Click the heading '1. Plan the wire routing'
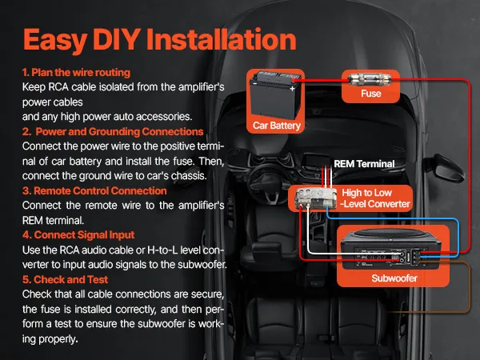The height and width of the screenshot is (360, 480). coord(76,73)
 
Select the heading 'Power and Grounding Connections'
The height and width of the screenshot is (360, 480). coord(119,132)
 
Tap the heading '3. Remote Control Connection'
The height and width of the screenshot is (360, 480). coord(94,190)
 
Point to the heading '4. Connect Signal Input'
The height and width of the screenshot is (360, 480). coord(78,234)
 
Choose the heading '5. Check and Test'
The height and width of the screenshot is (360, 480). coord(66,279)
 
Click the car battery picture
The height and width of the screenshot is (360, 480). coord(274,96)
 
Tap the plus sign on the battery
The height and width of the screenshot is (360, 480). coord(292,89)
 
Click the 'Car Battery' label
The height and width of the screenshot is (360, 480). coord(277,126)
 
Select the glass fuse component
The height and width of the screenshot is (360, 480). coord(370,80)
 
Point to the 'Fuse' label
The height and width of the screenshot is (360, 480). coord(371,94)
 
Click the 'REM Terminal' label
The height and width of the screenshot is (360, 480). coord(364,164)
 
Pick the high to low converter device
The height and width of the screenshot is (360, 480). coord(314,198)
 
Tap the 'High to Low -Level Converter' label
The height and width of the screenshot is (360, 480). coord(375,198)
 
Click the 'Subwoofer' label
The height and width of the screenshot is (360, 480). coord(394,278)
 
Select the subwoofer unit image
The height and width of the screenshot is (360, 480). coord(390,250)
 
